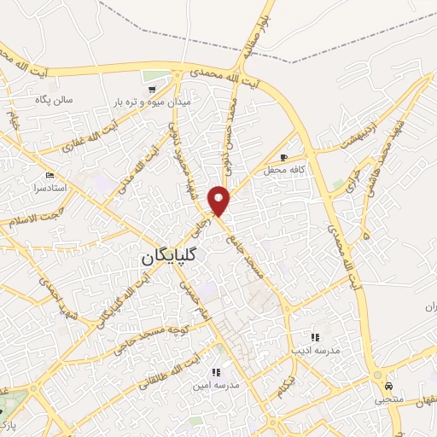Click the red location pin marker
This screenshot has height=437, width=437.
(219, 200)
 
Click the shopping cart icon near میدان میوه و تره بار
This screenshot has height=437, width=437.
(151, 89)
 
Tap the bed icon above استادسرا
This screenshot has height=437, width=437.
(50, 174)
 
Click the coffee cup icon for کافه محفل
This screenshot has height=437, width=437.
(283, 157)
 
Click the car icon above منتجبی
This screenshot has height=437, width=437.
(389, 386)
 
